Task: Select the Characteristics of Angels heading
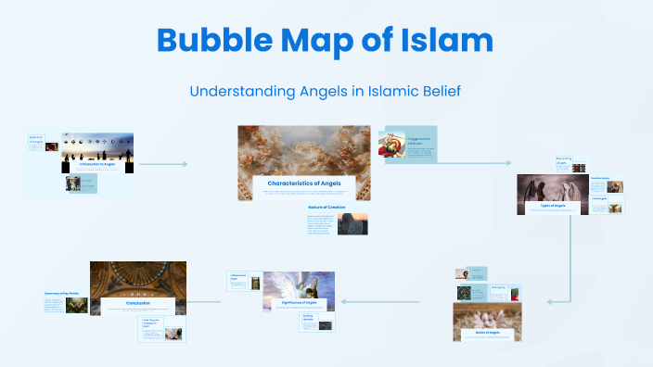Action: click(304, 183)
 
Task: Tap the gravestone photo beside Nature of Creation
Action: click(352, 223)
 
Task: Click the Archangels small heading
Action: click(598, 198)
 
